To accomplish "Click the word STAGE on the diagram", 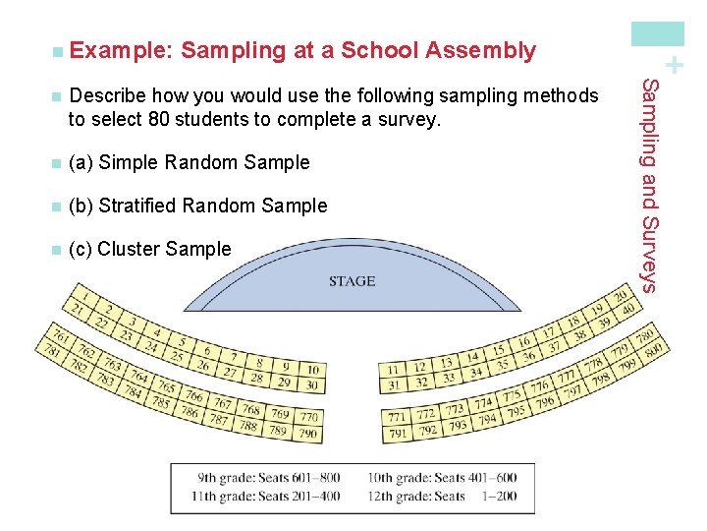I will click(352, 281).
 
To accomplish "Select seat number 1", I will click(88, 296).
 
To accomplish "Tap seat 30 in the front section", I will click(311, 384).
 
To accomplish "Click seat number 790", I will click(307, 433).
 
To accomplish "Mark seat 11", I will click(393, 370).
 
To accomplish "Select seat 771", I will click(397, 417).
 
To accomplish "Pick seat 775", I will click(513, 396).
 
